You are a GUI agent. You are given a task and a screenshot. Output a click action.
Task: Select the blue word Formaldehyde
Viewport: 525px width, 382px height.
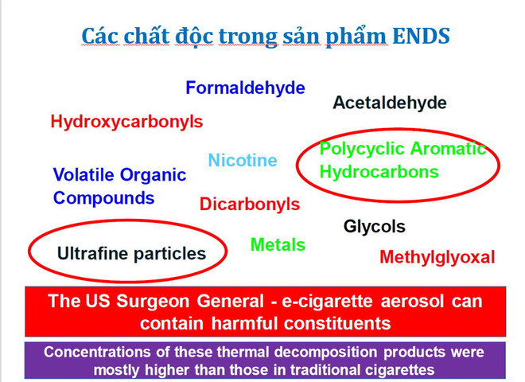point(245,88)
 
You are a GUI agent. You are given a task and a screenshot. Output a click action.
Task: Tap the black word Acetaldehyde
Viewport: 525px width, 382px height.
point(390,103)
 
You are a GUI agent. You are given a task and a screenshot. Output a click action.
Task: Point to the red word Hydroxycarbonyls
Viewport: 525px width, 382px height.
point(126,122)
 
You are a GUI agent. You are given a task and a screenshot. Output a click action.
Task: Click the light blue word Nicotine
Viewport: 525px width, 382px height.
point(243,160)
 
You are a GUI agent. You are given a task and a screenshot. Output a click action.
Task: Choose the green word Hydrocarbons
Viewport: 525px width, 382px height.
point(379,171)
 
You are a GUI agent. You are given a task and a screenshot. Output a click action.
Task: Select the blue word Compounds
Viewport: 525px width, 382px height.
point(103,197)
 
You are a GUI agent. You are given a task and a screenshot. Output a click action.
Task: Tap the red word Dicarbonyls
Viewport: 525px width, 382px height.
point(250,204)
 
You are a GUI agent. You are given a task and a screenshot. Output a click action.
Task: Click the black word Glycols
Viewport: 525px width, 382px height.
point(374,226)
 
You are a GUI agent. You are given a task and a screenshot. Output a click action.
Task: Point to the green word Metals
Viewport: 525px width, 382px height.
point(278,244)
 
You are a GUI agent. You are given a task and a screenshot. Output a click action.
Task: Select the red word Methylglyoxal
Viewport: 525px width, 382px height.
point(437,257)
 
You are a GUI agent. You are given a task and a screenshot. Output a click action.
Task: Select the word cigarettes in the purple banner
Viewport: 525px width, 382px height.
point(393,369)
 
